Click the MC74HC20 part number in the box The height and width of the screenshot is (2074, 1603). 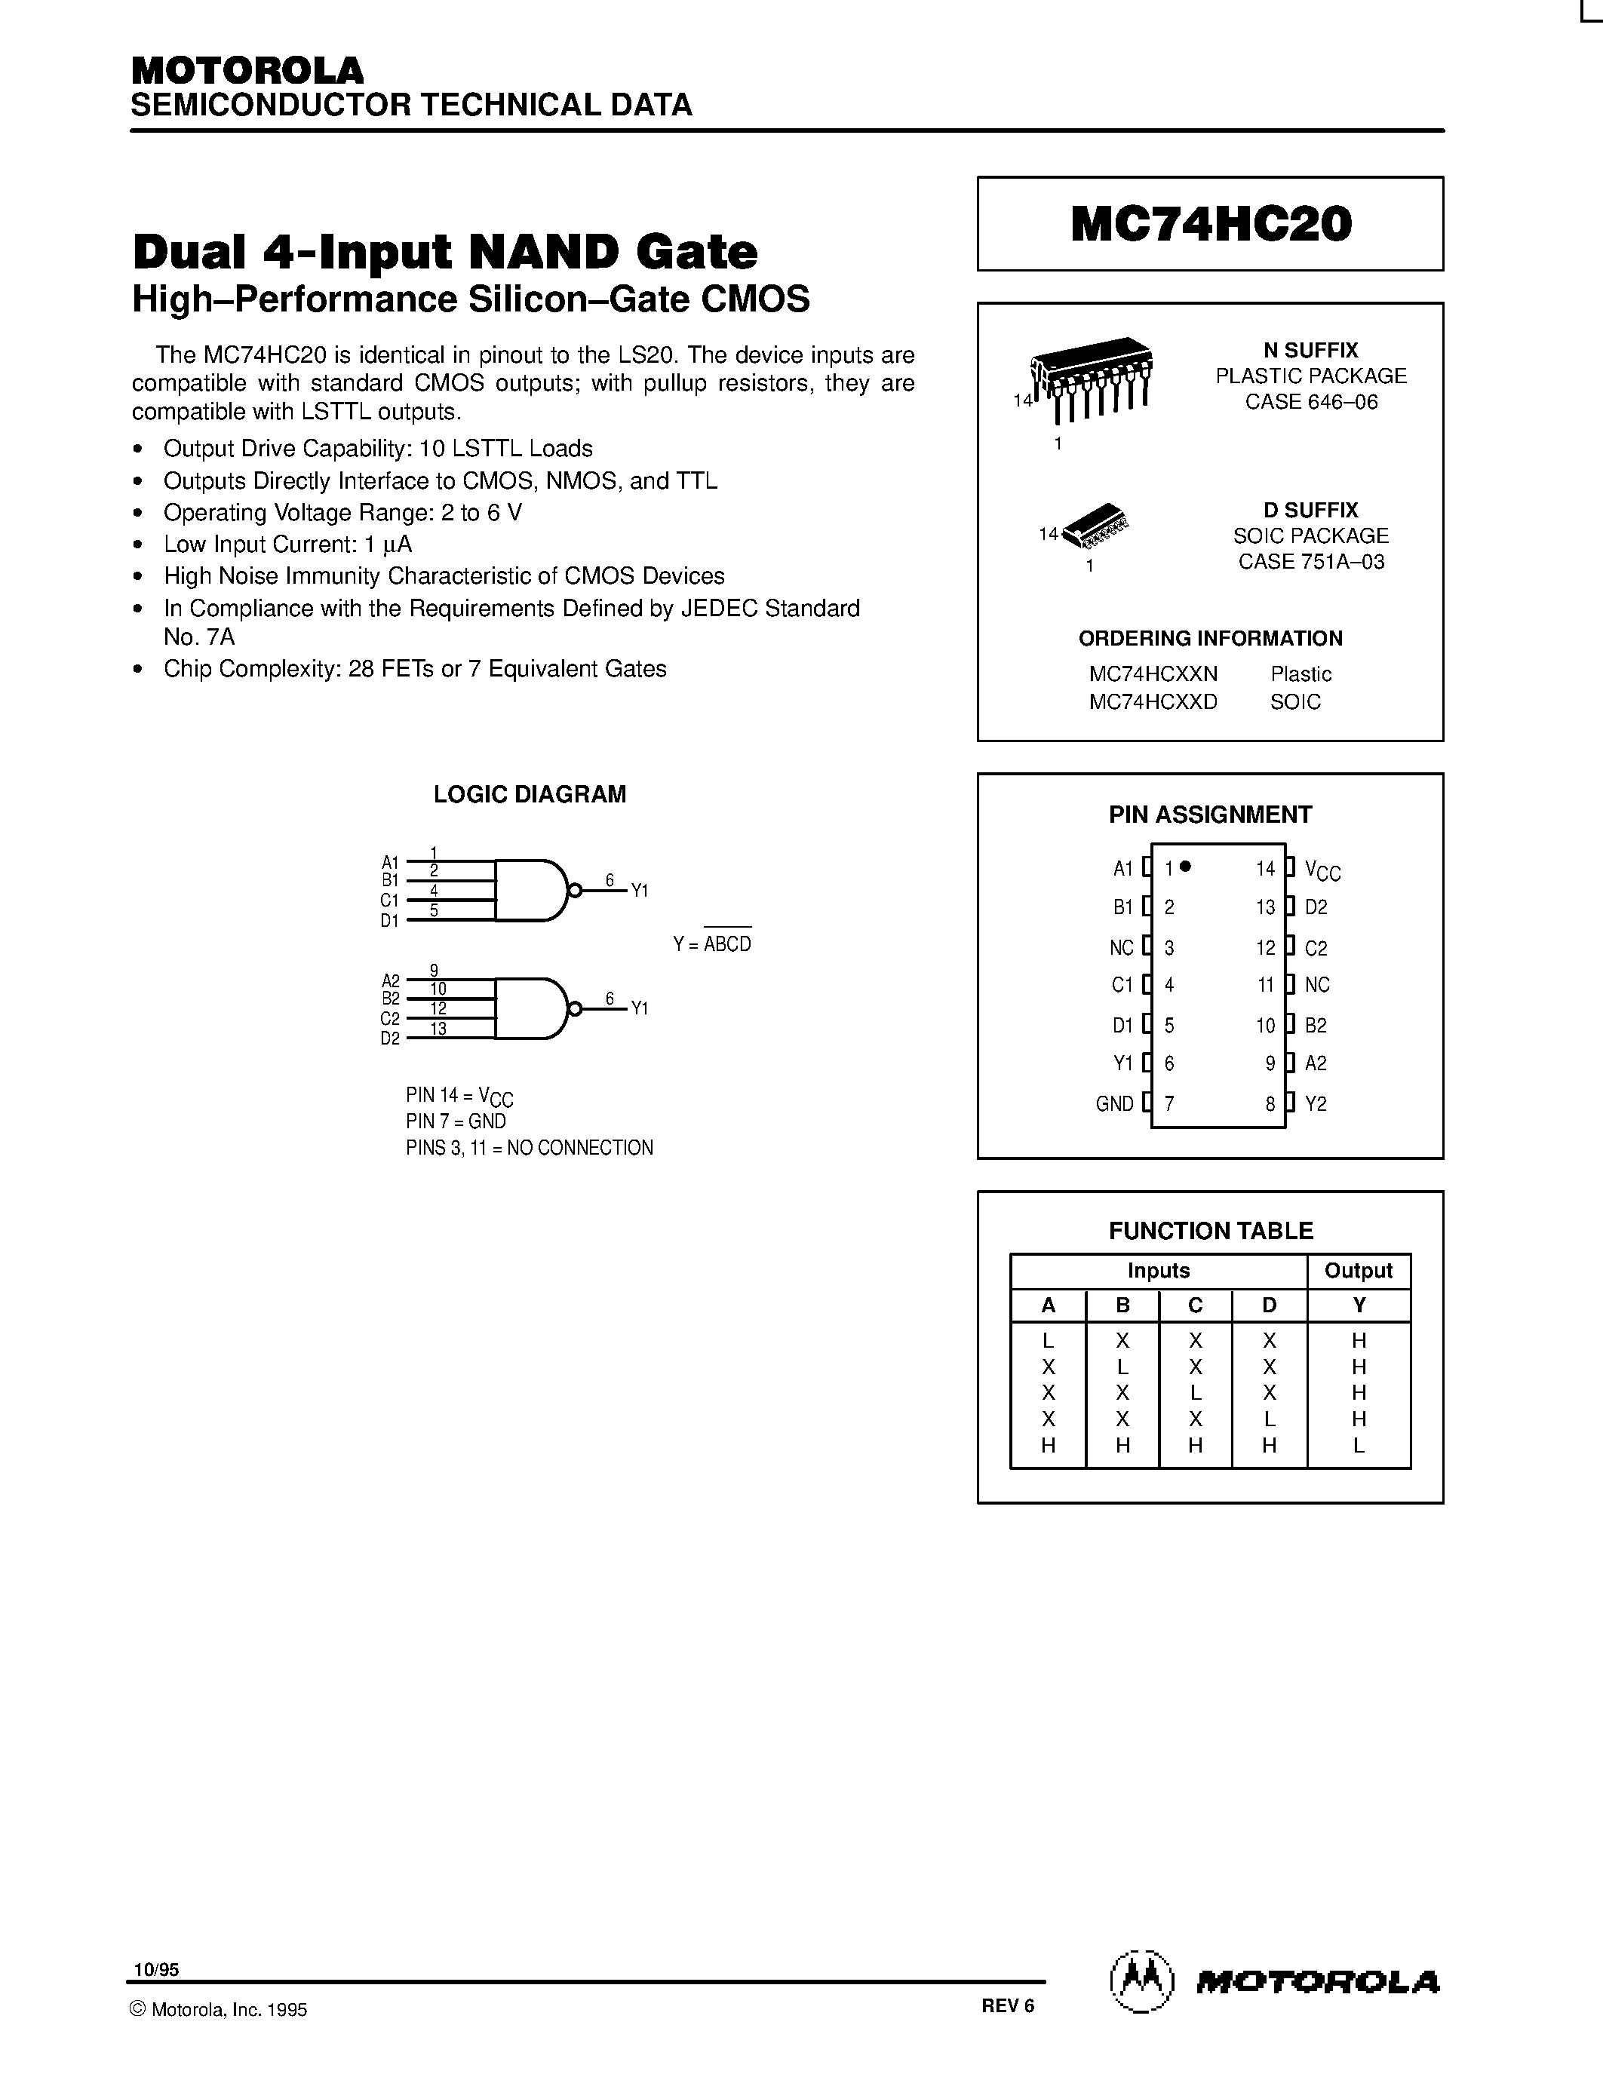(x=1211, y=224)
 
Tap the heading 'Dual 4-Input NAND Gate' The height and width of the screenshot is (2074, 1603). (x=444, y=252)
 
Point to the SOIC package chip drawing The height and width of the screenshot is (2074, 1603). (x=1100, y=525)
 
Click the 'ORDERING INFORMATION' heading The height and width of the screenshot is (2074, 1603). (x=1210, y=638)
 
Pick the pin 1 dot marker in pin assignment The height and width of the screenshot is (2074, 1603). (x=1185, y=866)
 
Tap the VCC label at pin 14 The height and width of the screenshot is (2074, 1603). (x=1322, y=869)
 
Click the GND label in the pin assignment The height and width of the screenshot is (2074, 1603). (x=1114, y=1103)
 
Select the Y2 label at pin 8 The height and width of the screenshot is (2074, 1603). (x=1316, y=1103)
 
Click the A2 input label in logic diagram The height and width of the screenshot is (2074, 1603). (x=390, y=980)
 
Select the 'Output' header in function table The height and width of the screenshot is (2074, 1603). (x=1358, y=1271)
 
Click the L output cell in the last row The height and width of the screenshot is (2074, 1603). (x=1359, y=1445)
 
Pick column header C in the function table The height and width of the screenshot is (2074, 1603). (x=1196, y=1305)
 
